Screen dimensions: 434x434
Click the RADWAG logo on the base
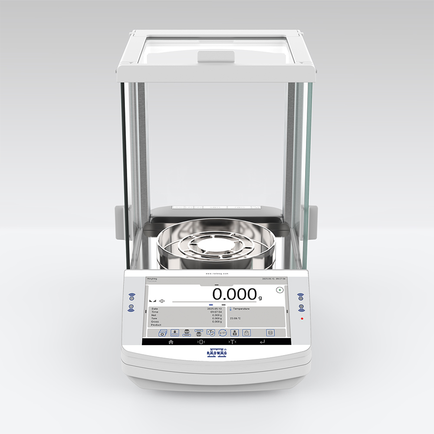point(217,354)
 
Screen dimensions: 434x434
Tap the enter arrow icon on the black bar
point(262,342)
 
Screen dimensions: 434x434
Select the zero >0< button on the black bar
point(201,342)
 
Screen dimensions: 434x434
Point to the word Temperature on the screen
point(241,309)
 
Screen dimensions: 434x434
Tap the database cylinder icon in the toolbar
point(270,332)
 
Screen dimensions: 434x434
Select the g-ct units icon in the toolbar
point(223,332)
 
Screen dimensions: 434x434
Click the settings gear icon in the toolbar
point(162,333)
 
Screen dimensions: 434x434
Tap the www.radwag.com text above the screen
point(217,274)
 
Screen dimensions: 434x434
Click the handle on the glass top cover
point(216,56)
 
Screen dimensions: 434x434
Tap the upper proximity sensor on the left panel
point(132,297)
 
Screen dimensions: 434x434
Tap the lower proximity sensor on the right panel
point(300,308)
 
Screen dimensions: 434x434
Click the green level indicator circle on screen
point(279,290)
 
